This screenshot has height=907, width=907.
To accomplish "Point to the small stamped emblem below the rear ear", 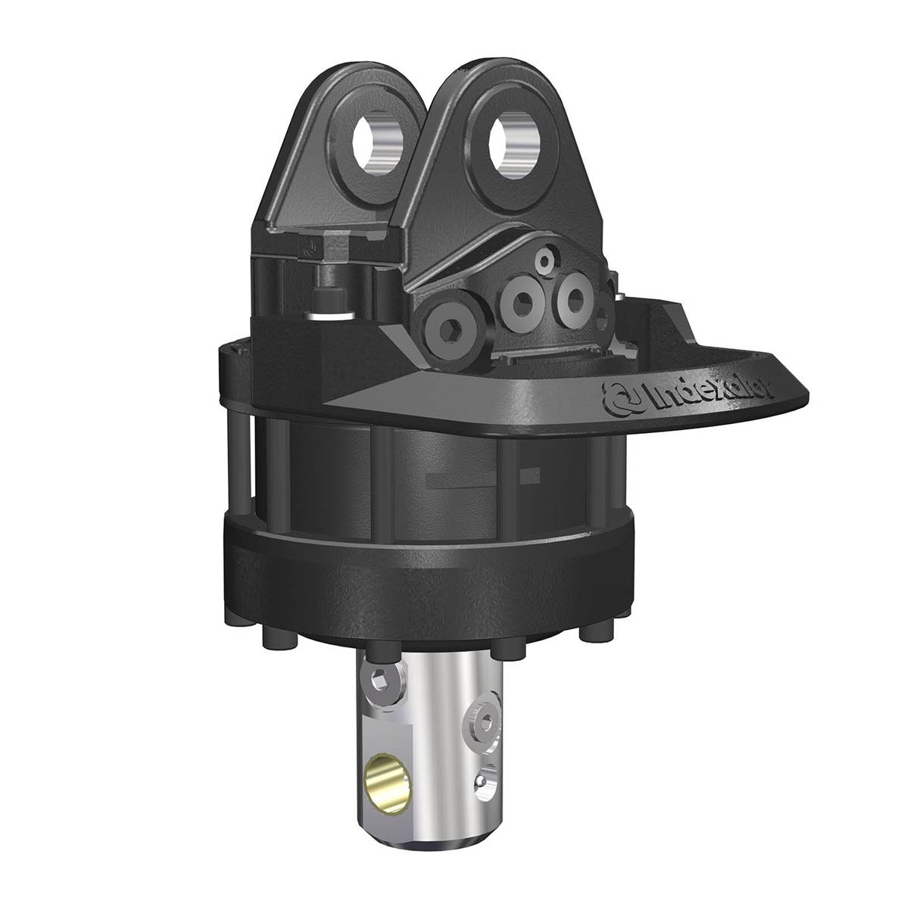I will tap(307, 245).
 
